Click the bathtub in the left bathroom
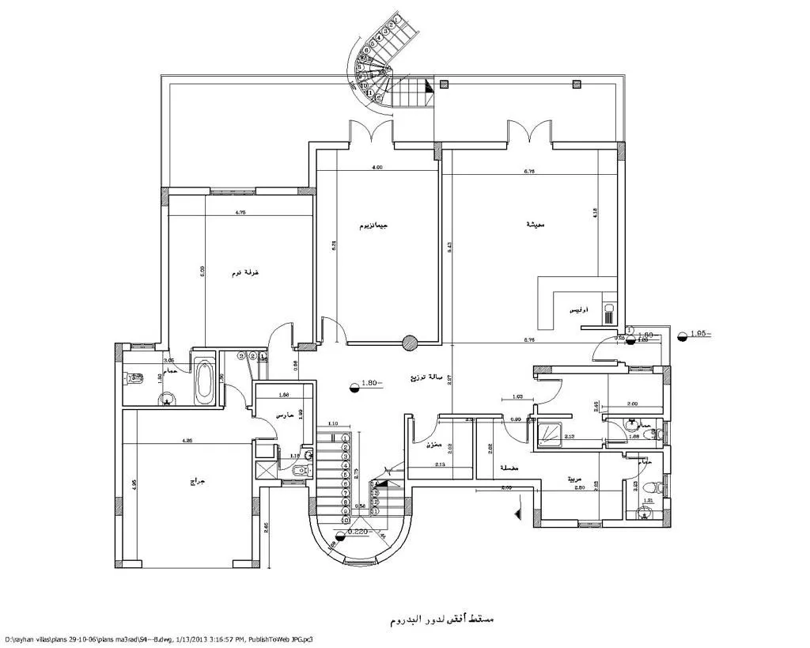coord(205,381)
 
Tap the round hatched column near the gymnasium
coord(409,343)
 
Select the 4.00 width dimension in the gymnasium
coord(377,168)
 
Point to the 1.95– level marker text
coord(699,335)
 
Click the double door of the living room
coord(528,131)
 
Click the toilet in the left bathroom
coord(131,380)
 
